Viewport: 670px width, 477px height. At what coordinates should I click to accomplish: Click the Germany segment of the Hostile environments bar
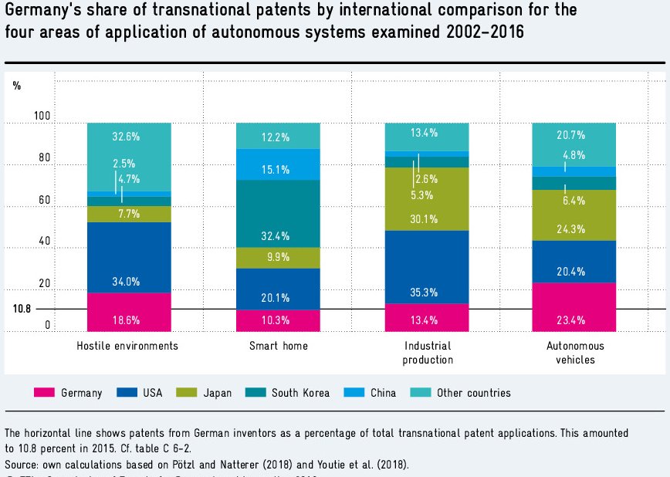tap(128, 312)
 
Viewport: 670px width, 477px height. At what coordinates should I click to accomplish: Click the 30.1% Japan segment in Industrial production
tap(425, 199)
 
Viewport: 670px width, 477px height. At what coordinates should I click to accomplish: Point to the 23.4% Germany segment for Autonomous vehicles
tap(574, 307)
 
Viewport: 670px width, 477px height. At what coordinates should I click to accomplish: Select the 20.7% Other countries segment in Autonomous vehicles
tap(574, 144)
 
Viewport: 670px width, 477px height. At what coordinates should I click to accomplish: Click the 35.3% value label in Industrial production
tap(425, 293)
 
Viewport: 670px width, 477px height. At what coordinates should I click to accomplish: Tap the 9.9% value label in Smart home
tap(277, 257)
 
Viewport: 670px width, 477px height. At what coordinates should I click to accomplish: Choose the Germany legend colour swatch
tap(44, 393)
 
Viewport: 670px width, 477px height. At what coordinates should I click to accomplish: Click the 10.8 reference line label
tap(22, 309)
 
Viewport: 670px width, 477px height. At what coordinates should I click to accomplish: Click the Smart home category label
tap(278, 346)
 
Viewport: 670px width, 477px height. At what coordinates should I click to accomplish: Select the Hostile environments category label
tap(127, 346)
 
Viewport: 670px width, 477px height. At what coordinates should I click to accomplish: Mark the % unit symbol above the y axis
tap(17, 86)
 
